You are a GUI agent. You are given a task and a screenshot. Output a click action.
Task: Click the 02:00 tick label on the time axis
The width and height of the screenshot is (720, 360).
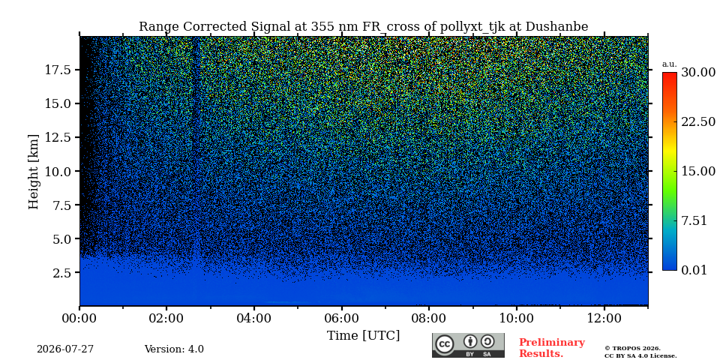[x=166, y=318]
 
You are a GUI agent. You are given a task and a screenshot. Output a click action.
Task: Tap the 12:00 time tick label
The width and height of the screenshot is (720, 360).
[x=604, y=318]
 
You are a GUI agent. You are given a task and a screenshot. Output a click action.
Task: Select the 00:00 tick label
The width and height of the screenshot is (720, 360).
[x=79, y=318]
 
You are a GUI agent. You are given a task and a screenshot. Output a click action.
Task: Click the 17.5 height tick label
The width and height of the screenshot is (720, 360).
[x=58, y=70]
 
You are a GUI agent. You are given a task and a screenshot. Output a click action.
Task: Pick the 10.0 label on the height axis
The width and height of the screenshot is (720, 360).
[x=58, y=171]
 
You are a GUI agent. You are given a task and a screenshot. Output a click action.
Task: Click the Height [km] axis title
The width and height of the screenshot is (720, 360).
[x=34, y=171]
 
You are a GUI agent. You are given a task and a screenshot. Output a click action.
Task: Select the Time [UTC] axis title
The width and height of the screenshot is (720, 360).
[x=363, y=336]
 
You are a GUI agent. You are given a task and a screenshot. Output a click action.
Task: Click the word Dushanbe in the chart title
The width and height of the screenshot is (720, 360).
[x=556, y=27]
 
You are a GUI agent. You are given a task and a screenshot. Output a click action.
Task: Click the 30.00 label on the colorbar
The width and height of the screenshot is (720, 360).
[x=698, y=73]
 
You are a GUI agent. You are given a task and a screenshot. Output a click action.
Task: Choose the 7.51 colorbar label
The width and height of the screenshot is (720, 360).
[x=694, y=220]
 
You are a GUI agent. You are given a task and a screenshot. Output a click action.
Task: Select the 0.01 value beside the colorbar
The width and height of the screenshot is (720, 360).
[x=694, y=270]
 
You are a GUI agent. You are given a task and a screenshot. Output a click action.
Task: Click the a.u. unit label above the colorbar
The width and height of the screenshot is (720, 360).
[x=670, y=64]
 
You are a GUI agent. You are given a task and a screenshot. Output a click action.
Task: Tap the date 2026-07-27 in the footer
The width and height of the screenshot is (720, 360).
[x=65, y=349]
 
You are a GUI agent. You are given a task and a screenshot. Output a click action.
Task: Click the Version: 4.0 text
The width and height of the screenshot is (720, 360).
[x=174, y=349]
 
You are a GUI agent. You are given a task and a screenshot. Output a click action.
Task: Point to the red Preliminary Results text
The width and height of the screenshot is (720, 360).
[x=552, y=348]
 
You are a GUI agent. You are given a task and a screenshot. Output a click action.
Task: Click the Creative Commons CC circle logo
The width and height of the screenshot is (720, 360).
[x=445, y=344]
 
